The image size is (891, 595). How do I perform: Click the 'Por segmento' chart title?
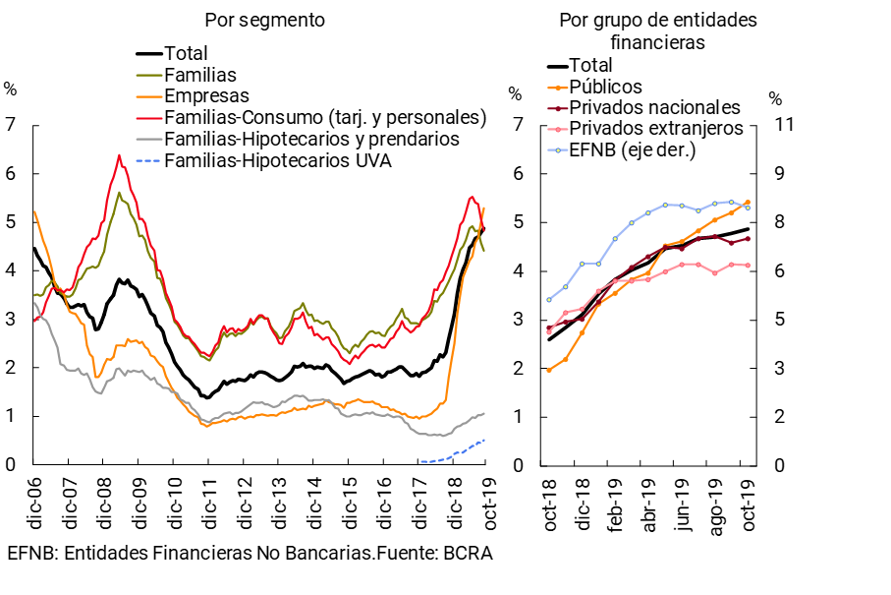264,20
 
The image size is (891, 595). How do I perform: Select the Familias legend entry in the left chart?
200,75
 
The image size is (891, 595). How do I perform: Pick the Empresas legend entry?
206,95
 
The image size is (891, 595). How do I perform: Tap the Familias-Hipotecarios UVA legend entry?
278,160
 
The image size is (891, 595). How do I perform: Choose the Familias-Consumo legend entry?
325,117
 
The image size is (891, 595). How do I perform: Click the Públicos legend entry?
606,87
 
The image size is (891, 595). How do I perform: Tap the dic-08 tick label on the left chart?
103,498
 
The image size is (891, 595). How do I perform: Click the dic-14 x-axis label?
314,498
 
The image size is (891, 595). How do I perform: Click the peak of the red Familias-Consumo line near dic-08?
119,155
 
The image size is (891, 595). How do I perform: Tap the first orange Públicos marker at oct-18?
548,370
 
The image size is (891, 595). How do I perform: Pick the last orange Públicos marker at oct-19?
748,202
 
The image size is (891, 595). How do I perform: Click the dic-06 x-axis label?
33,498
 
